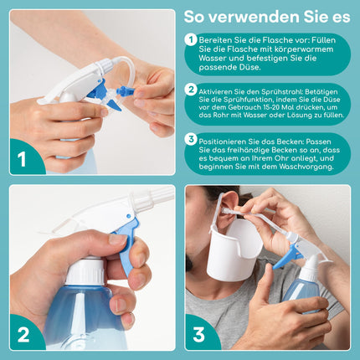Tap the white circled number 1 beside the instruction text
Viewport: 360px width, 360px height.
point(192,40)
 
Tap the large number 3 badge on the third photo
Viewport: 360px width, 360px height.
point(201,334)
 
